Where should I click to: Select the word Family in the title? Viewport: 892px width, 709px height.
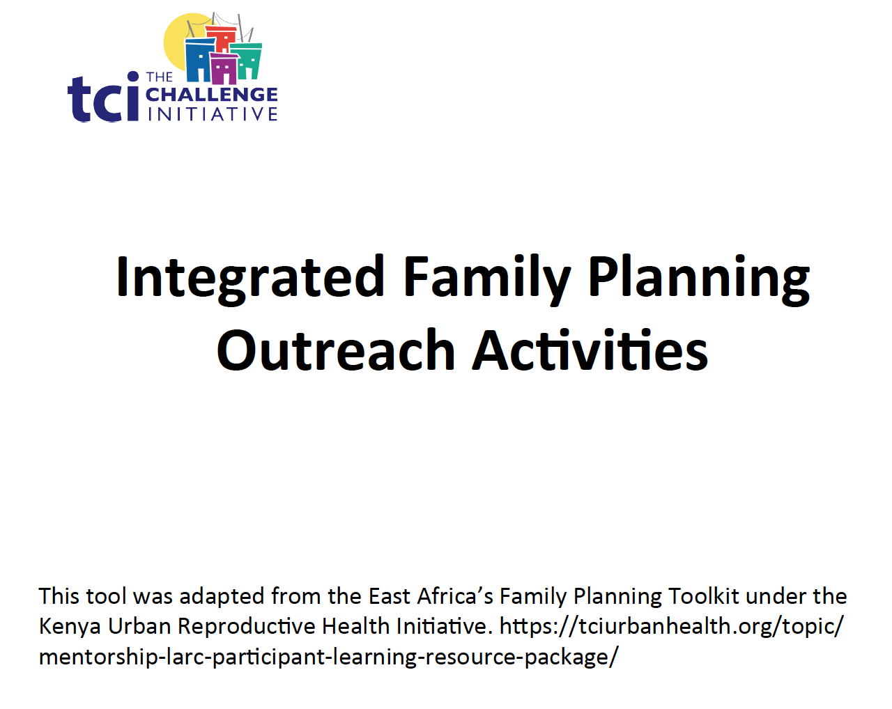click(x=486, y=277)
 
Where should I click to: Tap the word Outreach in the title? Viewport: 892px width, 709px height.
click(x=336, y=351)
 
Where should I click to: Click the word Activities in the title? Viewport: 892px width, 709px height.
click(x=590, y=351)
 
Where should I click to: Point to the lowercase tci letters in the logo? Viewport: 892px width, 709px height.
click(x=103, y=99)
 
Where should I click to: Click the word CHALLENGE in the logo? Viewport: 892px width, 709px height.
click(x=212, y=95)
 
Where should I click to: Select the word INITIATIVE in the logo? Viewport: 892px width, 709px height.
click(x=213, y=114)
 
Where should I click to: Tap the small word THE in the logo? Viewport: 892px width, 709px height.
click(x=160, y=77)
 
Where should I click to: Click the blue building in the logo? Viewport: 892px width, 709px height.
click(x=198, y=61)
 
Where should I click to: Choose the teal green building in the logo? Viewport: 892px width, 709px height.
click(x=248, y=60)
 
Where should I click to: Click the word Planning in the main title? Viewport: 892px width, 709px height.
click(x=698, y=277)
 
